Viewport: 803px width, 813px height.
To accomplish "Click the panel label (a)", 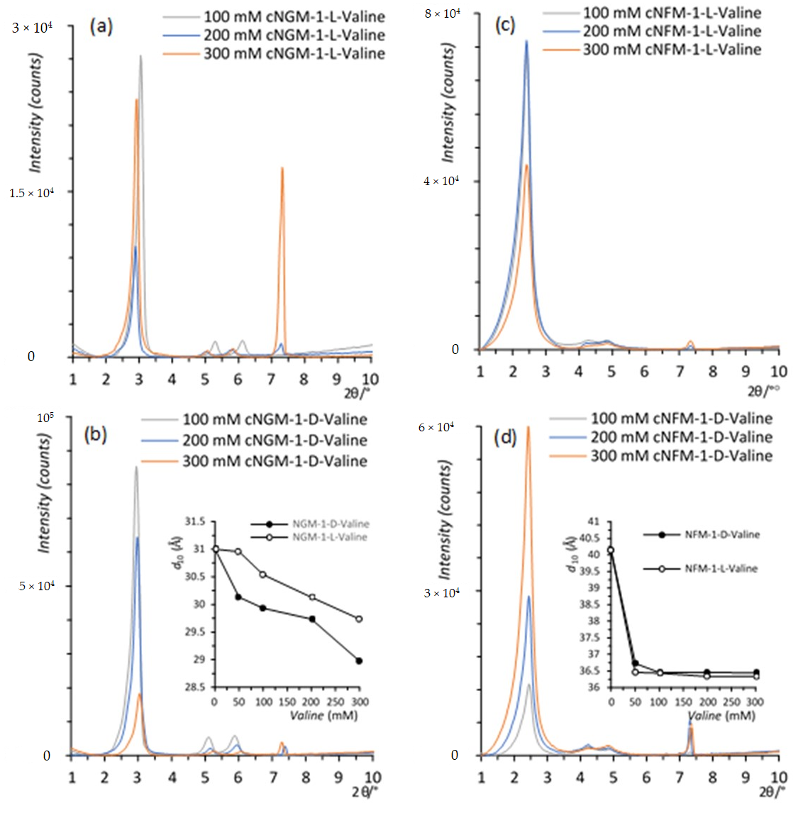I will click(x=101, y=27).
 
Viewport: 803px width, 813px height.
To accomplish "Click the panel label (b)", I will click(x=95, y=433).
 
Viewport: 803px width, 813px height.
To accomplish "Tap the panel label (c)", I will click(x=504, y=26).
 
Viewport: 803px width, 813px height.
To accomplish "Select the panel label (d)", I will click(x=505, y=438).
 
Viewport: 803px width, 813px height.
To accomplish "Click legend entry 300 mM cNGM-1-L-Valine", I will click(x=294, y=54).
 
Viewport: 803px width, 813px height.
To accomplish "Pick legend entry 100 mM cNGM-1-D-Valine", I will click(x=275, y=419).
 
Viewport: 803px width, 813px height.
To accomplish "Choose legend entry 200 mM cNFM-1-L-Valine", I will click(x=671, y=31).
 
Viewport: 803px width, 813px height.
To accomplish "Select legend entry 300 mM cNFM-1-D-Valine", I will click(x=681, y=456).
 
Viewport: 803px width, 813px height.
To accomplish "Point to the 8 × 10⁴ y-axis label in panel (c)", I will click(x=442, y=13).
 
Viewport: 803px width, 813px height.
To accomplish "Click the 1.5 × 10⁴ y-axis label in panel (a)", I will click(x=31, y=193).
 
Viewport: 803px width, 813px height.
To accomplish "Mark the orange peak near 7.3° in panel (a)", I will click(x=282, y=169).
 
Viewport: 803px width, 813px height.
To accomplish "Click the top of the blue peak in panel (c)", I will click(x=526, y=41).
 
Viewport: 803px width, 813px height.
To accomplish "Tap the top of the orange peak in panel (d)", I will click(x=528, y=427).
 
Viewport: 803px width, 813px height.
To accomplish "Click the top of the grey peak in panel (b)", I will click(x=136, y=468).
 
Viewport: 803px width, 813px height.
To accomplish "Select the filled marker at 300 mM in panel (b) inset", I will click(x=359, y=660).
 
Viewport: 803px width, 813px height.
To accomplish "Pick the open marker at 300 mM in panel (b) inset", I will click(x=359, y=619).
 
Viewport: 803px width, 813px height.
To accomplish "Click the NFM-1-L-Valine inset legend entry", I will click(x=721, y=568).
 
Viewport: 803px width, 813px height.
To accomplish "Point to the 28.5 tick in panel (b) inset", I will click(x=195, y=687).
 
